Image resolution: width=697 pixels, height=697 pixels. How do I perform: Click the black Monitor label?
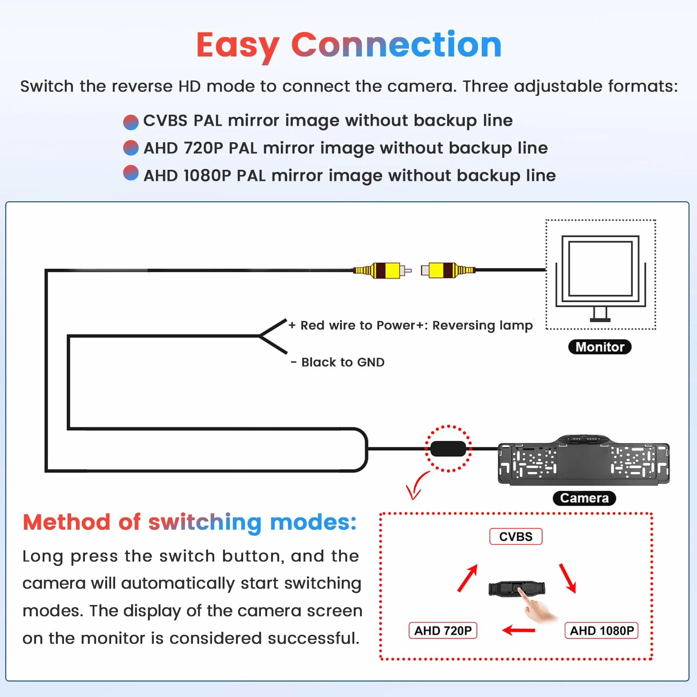(600, 347)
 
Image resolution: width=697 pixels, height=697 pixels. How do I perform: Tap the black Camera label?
(584, 498)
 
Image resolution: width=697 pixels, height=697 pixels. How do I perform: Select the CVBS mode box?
(516, 537)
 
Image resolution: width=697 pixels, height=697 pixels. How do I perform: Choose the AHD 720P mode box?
(443, 630)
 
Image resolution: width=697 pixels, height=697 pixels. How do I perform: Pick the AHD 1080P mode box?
(601, 630)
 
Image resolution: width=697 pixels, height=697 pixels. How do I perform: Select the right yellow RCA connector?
(448, 270)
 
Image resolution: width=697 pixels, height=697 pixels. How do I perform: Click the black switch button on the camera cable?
(448, 449)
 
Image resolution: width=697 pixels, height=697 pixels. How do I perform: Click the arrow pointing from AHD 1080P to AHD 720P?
(518, 630)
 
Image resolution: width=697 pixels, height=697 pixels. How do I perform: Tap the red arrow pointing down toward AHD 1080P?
(568, 578)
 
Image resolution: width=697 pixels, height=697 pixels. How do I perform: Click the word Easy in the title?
(238, 46)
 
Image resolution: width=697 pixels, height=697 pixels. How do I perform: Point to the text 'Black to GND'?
(343, 362)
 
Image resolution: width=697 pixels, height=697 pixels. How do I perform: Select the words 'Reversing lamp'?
(482, 325)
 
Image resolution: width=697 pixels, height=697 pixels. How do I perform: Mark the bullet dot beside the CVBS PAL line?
(131, 122)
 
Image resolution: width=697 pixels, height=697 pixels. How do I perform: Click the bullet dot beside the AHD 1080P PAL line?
(131, 173)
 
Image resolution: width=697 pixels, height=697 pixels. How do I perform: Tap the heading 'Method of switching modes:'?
(190, 522)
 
